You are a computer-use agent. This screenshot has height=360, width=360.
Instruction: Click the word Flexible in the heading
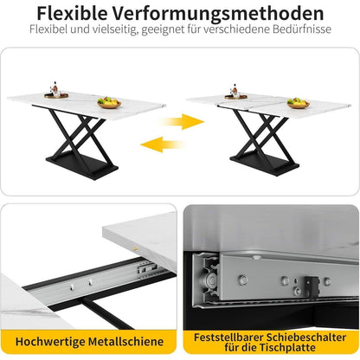pos(73,13)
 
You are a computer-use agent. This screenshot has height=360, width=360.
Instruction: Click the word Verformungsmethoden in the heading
pos(218,13)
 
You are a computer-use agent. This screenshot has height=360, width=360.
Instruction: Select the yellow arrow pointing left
pos(163,145)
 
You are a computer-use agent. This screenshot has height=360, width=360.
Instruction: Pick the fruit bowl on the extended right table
pos(299,103)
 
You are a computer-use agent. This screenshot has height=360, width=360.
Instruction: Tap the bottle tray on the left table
pos(56,92)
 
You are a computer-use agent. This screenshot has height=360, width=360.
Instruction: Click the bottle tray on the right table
pos(236,93)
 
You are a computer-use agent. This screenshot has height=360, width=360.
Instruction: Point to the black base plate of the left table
pos(82,164)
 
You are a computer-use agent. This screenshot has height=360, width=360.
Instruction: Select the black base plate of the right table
pos(265,163)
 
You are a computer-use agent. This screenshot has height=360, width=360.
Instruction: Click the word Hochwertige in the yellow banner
pos(50,342)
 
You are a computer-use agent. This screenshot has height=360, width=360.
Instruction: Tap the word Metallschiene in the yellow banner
pos(125,342)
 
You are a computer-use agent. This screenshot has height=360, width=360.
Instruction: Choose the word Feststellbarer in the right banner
pos(228,337)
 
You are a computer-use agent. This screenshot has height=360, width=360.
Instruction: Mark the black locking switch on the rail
pos(312,286)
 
